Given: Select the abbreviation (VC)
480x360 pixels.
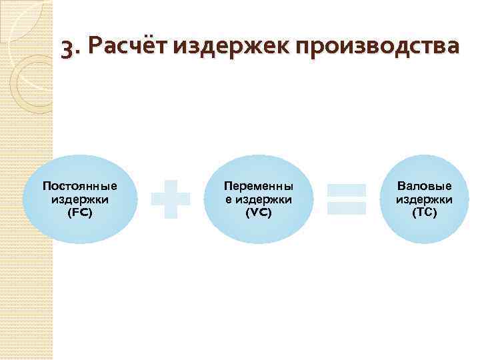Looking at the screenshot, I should [259, 213].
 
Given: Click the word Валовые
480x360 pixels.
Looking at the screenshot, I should [424, 186].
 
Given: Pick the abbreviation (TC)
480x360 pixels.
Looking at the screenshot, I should [424, 213].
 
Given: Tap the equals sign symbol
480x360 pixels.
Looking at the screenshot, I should [347, 199].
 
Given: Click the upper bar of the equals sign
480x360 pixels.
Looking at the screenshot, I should [347, 190].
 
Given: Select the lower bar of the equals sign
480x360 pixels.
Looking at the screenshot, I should [347, 208].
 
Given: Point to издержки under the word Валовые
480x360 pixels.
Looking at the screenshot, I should [424, 199].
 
